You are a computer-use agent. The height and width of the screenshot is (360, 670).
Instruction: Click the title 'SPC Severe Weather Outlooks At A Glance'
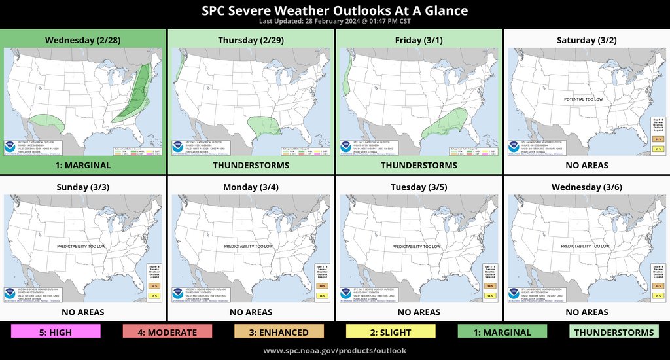click(x=334, y=10)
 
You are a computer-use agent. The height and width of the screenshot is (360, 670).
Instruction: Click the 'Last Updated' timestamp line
click(x=334, y=22)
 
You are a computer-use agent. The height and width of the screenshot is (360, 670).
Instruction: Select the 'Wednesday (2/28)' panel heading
click(x=82, y=40)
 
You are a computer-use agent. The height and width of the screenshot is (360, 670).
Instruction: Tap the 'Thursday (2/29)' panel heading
click(x=251, y=40)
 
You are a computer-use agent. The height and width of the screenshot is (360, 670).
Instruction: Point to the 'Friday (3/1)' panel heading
click(x=418, y=40)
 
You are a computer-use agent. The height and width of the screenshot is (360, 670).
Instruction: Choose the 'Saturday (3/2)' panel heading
click(x=586, y=40)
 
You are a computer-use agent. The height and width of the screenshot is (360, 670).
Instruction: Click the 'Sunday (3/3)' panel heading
click(x=82, y=187)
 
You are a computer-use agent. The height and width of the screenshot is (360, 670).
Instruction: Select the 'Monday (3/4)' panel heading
click(x=251, y=187)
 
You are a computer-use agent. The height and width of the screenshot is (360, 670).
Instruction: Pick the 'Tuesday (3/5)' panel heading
click(x=418, y=187)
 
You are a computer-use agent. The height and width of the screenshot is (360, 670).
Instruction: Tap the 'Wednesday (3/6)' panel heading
click(x=586, y=187)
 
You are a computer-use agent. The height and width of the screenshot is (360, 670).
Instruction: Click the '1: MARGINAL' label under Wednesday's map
click(x=82, y=166)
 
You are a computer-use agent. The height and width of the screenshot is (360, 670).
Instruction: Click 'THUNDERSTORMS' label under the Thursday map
click(x=251, y=166)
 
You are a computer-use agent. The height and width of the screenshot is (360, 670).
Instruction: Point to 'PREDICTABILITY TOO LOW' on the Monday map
click(x=248, y=246)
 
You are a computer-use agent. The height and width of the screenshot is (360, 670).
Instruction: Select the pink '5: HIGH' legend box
click(x=56, y=332)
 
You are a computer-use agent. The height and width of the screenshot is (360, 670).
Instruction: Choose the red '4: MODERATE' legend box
click(x=167, y=332)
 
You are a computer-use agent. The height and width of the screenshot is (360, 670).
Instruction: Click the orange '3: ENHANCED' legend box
click(x=279, y=332)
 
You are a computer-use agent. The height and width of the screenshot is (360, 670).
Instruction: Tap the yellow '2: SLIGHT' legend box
click(x=391, y=332)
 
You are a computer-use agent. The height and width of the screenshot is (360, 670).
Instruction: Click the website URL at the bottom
click(x=334, y=350)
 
